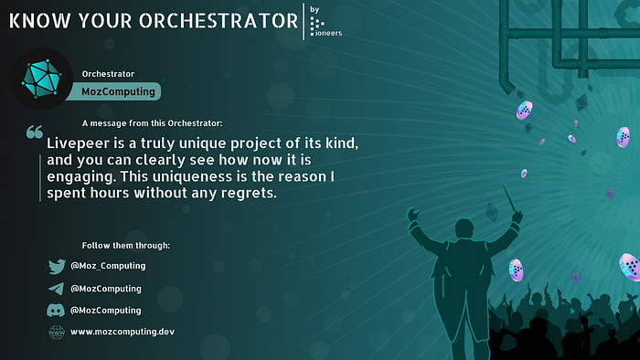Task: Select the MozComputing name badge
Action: pyautogui.click(x=121, y=90)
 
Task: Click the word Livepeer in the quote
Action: pyautogui.click(x=80, y=144)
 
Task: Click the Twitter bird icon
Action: pyautogui.click(x=56, y=267)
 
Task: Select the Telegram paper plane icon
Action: pyautogui.click(x=56, y=289)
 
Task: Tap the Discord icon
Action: pyautogui.click(x=56, y=311)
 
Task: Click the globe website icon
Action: pyautogui.click(x=56, y=332)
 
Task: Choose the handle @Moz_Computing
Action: pyautogui.click(x=108, y=266)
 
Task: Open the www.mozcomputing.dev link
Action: pyautogui.click(x=122, y=332)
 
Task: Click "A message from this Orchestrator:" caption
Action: pyautogui.click(x=151, y=123)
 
